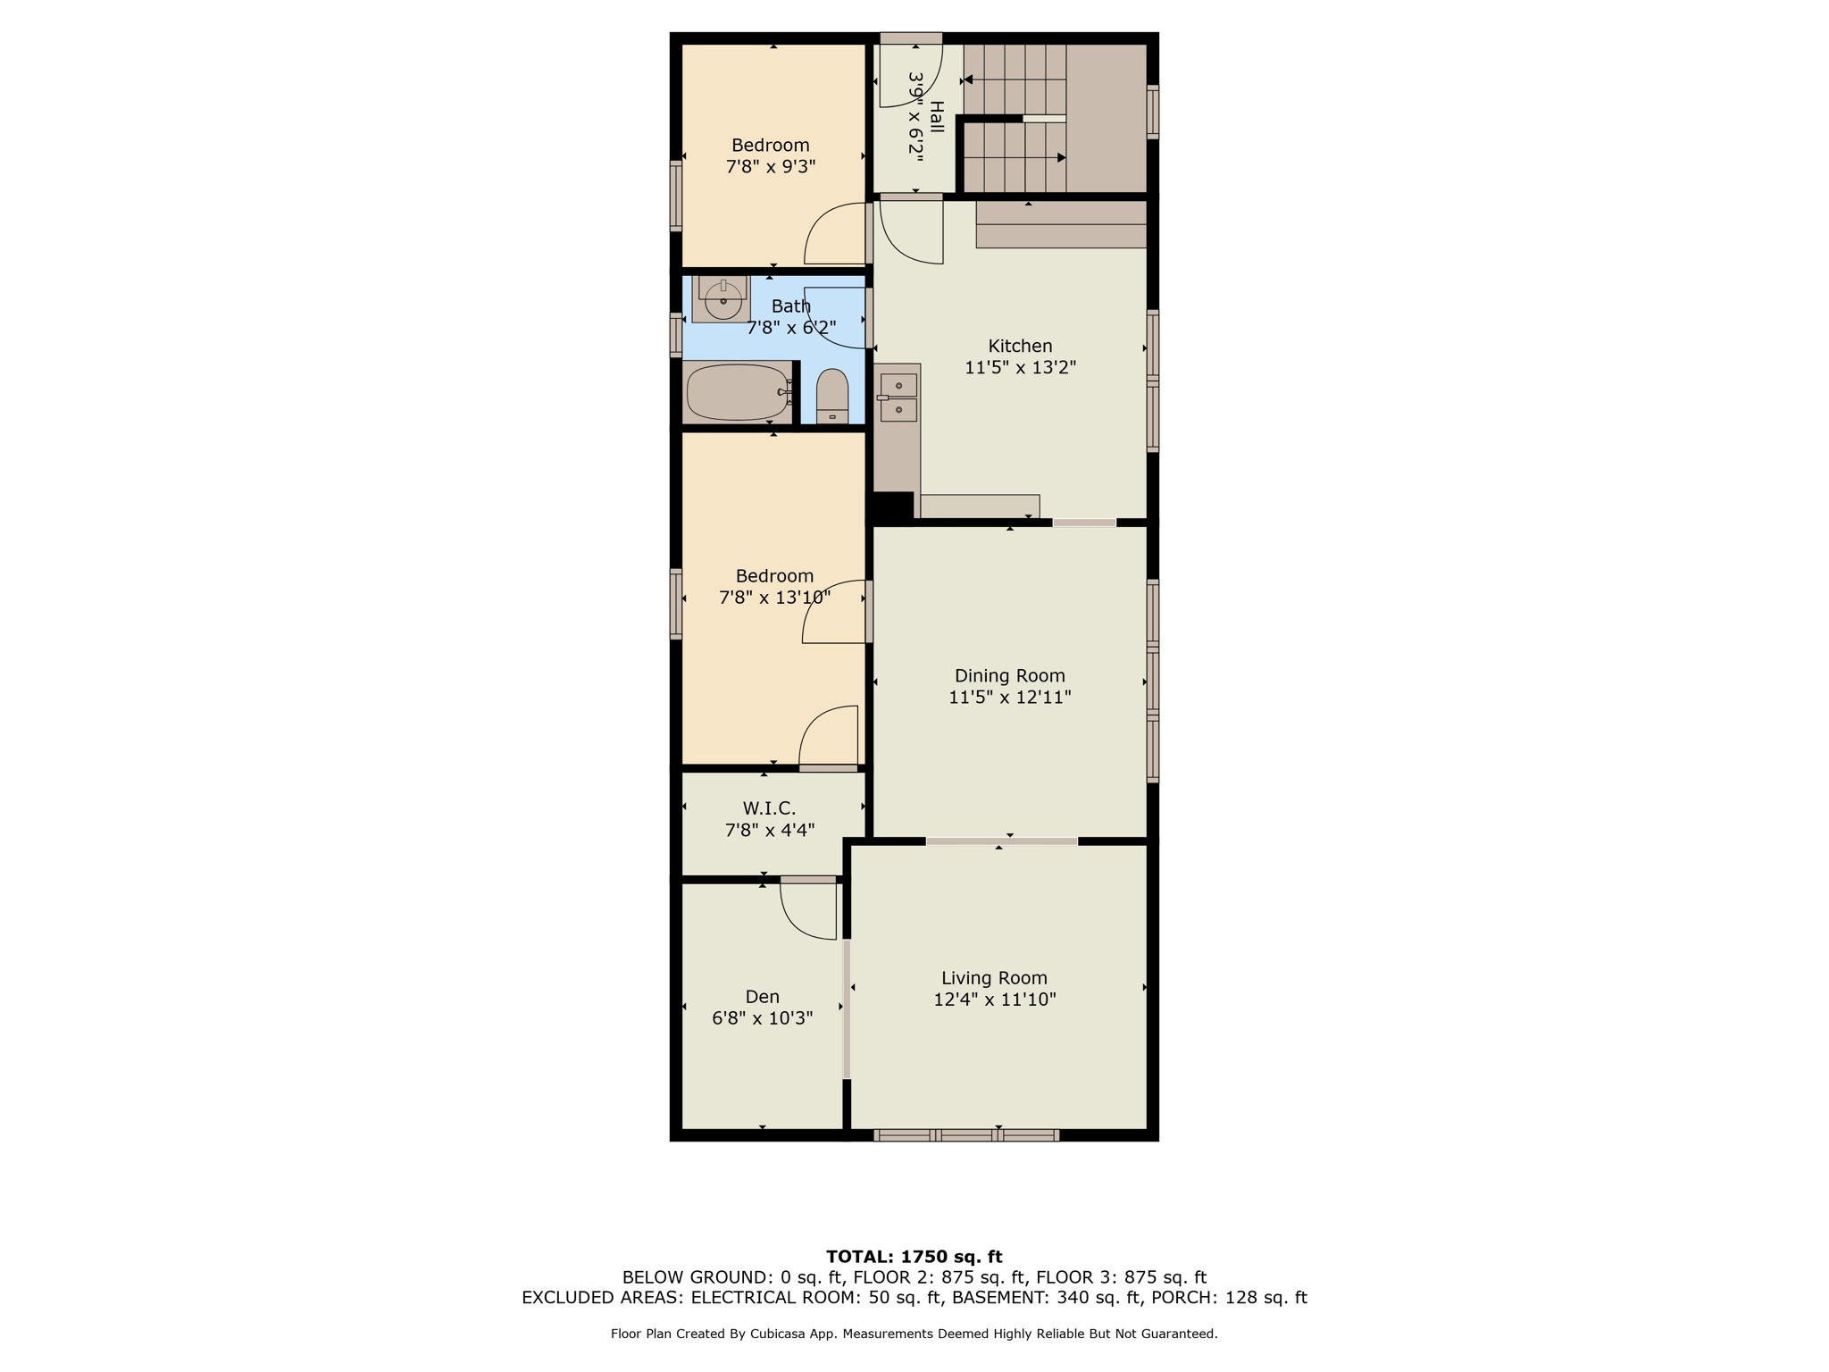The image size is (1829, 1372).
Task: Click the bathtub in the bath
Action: (x=738, y=391)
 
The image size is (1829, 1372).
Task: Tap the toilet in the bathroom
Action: (x=832, y=396)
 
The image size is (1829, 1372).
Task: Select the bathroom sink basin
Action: (x=722, y=300)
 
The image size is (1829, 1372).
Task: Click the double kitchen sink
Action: (x=898, y=397)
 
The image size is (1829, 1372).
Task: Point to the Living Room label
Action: (x=994, y=978)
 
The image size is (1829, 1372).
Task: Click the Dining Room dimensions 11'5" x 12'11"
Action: (x=1009, y=698)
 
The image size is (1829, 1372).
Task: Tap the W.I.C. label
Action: (x=769, y=808)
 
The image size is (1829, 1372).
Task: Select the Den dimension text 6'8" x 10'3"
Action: (x=762, y=1018)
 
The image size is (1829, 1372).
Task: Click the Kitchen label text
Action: (x=1020, y=346)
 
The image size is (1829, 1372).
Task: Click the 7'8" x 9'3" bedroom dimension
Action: (x=771, y=166)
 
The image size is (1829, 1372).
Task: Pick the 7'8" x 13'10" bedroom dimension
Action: (x=774, y=598)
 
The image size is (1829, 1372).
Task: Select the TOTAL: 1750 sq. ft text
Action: (x=914, y=1257)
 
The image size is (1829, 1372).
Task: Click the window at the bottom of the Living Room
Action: (x=966, y=1135)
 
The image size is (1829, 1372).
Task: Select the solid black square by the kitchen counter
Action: (x=891, y=506)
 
